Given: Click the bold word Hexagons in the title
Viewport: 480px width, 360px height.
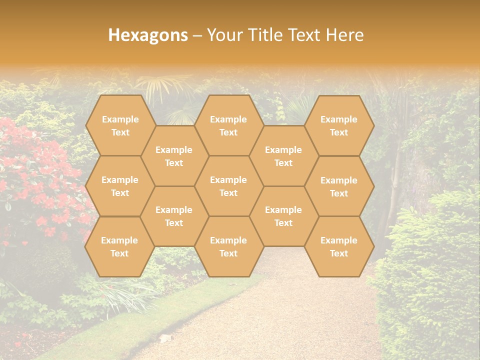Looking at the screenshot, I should tap(148, 35).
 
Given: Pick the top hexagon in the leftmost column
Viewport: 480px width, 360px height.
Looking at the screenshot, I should tap(120, 125).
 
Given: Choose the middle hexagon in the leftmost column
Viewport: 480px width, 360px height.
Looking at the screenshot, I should tap(120, 186).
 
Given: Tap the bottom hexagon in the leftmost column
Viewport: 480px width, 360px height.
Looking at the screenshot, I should tap(119, 246).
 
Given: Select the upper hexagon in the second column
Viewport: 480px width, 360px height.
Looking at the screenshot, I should tap(174, 156).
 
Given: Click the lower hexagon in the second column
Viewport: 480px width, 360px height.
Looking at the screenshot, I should tap(174, 216).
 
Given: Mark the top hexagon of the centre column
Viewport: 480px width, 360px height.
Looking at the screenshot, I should tap(228, 125).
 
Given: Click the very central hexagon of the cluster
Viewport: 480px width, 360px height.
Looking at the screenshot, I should tap(228, 186).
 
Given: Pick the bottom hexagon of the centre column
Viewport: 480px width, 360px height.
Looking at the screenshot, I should tap(228, 246).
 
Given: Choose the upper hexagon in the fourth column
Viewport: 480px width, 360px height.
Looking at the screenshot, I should tap(283, 156).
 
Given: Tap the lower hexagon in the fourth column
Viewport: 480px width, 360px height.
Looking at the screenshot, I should tap(283, 216).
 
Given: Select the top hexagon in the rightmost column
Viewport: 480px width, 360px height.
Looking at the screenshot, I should tap(339, 125).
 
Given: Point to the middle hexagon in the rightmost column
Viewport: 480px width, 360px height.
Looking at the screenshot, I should tap(339, 186).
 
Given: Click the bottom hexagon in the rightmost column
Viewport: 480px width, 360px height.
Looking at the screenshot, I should tap(339, 246).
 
